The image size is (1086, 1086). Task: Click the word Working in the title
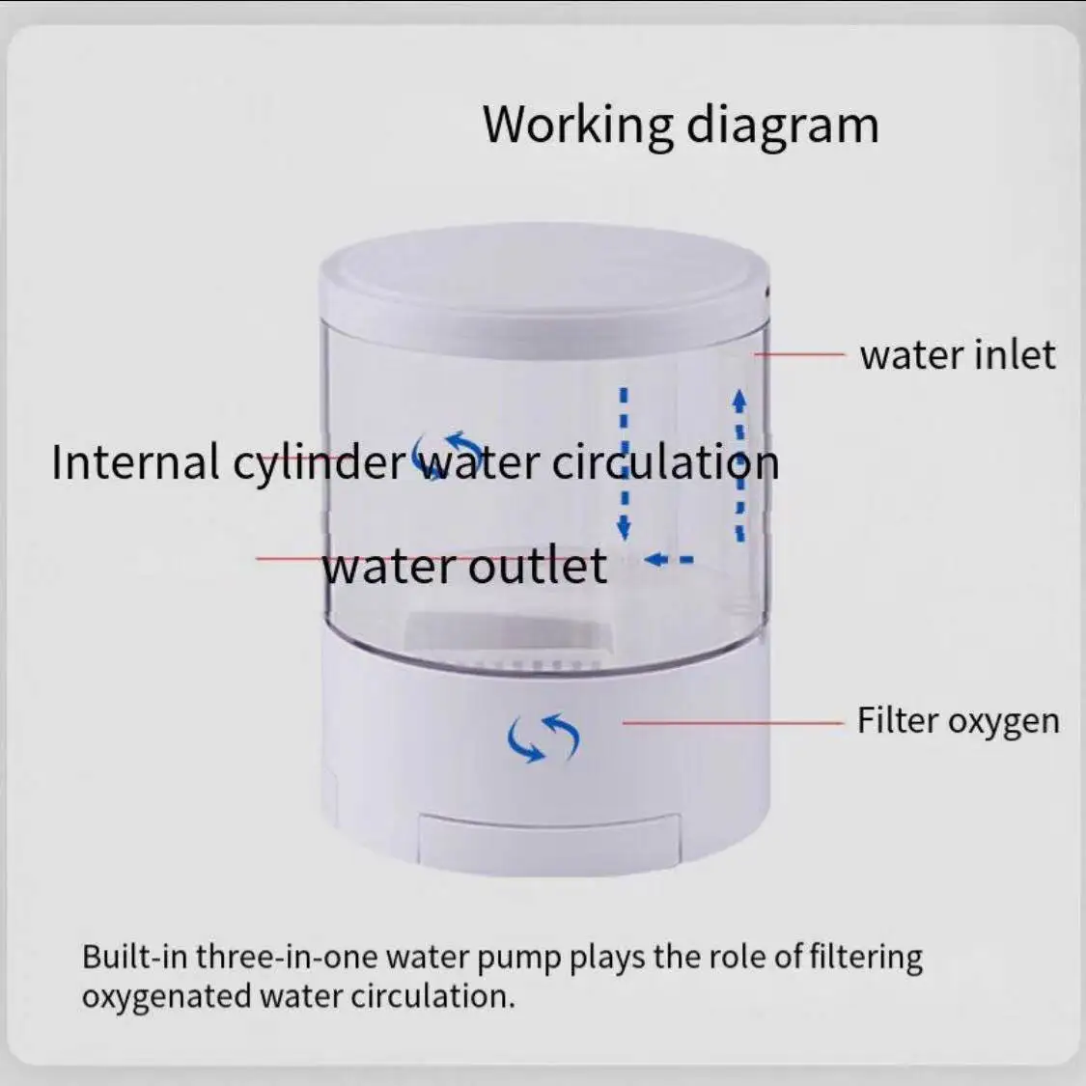[576, 125]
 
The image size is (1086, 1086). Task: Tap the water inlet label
[957, 355]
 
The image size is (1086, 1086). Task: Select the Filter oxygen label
[958, 721]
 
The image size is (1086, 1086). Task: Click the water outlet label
[464, 566]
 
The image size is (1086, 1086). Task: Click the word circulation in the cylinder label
[665, 462]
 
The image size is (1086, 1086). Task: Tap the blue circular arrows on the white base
[543, 738]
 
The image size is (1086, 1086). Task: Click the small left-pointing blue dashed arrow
[669, 559]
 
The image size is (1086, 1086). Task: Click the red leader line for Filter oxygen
[734, 721]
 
